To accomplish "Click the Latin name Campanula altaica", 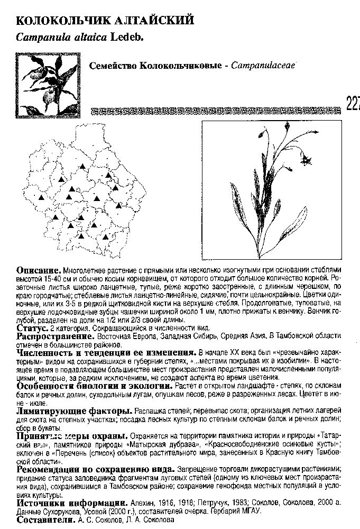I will tap(62, 37).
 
